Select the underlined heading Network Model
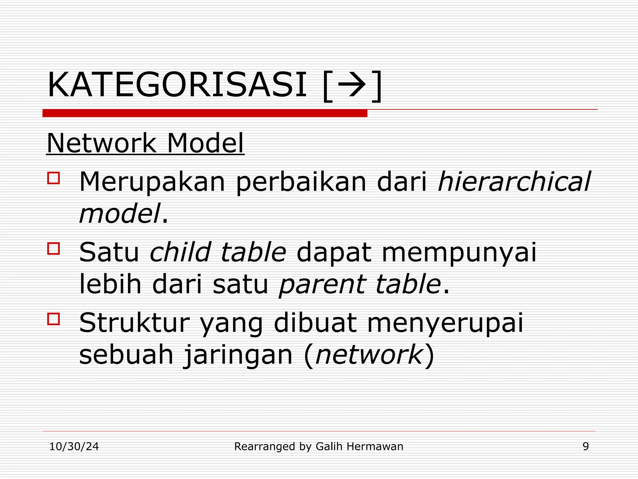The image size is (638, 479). tap(145, 143)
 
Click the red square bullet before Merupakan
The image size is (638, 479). tap(53, 178)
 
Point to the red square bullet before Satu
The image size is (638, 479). tap(53, 249)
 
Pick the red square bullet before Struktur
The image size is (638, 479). tap(53, 319)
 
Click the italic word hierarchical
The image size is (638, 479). tap(514, 181)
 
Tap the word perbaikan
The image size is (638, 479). tap(301, 181)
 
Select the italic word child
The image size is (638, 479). tap(180, 252)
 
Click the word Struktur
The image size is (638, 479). tap(134, 322)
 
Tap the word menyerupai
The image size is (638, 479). tap(445, 323)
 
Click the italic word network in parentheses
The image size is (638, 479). tap(369, 355)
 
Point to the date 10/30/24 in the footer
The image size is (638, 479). tap(74, 447)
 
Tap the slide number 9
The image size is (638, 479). tap(586, 447)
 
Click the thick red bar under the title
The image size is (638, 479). tap(205, 113)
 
